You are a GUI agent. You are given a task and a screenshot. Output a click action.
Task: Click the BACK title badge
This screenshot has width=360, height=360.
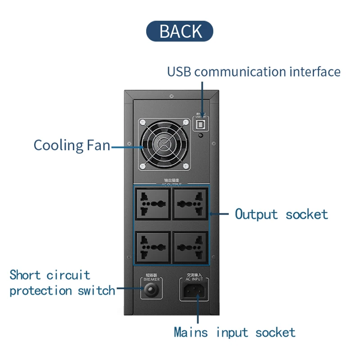180,31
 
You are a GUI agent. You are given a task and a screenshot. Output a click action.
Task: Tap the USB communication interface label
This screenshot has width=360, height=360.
254,72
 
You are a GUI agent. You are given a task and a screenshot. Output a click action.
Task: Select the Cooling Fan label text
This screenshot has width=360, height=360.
72,145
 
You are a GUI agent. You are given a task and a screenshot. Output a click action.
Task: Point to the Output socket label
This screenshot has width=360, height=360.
281,214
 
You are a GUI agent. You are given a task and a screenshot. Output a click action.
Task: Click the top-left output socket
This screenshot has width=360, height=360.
152,204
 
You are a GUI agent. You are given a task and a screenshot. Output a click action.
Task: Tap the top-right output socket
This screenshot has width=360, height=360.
190,204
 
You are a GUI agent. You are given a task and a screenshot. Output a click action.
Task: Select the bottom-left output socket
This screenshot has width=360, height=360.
152,247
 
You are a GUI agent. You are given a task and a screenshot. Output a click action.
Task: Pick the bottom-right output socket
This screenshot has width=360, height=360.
190,247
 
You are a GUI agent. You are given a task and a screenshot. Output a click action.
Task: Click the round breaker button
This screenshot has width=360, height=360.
152,291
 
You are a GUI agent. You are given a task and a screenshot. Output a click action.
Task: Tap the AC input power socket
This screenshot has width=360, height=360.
194,291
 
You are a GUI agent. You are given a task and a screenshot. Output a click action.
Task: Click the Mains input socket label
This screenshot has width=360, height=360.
234,333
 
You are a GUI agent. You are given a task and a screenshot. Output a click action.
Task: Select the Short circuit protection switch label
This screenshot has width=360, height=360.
62,283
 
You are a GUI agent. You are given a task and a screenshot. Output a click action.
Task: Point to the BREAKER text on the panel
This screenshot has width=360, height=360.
152,279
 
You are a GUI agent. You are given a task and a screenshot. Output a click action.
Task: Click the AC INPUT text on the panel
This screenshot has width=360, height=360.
194,279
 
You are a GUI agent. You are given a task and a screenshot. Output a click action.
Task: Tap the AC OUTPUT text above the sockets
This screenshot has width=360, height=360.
171,184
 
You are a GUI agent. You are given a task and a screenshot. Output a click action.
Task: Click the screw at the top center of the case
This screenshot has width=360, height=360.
171,96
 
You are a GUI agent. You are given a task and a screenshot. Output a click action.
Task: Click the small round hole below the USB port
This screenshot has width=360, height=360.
201,135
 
